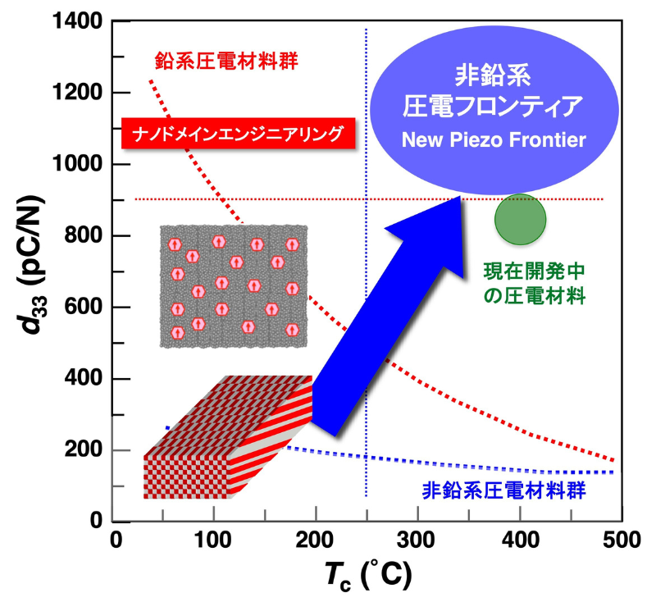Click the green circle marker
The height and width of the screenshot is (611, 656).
point(520,219)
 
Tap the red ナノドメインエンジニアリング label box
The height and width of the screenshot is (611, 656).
point(238,134)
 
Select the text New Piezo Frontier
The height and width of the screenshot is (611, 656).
point(494,139)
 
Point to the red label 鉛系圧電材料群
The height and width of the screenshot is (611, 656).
point(226,61)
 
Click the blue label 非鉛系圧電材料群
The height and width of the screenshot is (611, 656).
point(503,490)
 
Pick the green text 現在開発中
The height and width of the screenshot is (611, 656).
point(534,271)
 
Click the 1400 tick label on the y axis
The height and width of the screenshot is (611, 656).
point(77,21)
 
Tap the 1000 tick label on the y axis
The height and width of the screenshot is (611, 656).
point(77,164)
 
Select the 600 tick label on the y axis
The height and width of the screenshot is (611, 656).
point(84,307)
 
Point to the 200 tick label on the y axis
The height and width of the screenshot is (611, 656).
point(84,449)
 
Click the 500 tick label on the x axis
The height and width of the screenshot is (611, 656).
point(622,540)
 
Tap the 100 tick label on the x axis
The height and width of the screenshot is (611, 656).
point(212,540)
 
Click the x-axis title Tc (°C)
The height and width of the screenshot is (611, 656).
point(368,575)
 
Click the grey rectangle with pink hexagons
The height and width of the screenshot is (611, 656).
point(234,286)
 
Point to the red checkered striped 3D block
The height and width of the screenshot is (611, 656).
point(228,437)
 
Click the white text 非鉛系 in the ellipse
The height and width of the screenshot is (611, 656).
point(493,75)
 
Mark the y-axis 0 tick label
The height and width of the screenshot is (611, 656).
point(96,520)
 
